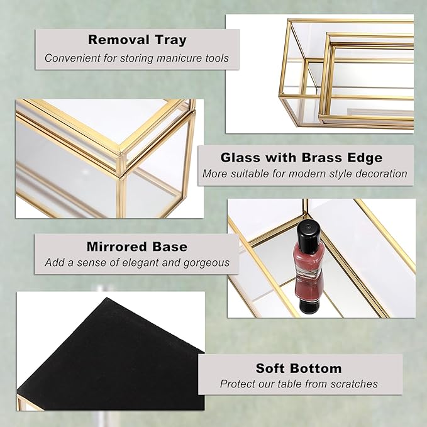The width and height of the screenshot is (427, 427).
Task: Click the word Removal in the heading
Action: [118, 40]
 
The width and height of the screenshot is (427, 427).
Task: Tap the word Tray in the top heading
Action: [171, 40]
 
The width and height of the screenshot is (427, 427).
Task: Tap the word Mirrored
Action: [117, 247]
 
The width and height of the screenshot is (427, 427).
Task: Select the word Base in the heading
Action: [170, 247]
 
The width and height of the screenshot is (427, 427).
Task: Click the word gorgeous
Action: [206, 263]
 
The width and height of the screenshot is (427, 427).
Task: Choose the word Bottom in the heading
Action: [316, 369]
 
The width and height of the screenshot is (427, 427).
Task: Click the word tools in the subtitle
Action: [217, 58]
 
